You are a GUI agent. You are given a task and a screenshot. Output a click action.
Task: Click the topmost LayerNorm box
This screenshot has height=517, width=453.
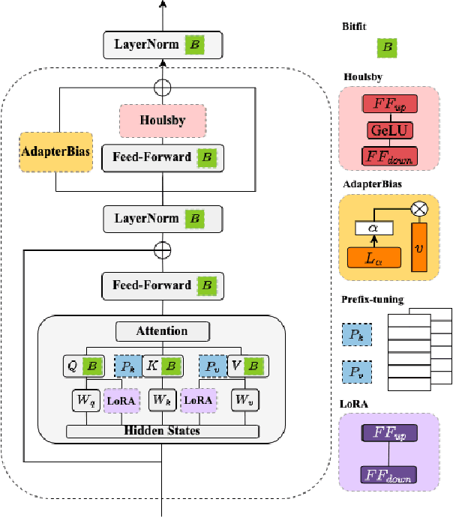[x=163, y=45]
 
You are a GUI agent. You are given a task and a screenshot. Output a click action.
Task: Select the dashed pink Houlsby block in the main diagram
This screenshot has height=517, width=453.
[x=163, y=120]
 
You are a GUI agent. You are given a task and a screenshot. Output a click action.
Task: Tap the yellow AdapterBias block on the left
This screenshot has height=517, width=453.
[x=55, y=152]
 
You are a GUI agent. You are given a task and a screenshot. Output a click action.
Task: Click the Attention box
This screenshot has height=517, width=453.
[x=162, y=330]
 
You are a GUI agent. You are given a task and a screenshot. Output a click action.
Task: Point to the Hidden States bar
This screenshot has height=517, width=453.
[x=162, y=432]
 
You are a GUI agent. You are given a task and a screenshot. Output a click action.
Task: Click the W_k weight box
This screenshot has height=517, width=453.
[x=162, y=401]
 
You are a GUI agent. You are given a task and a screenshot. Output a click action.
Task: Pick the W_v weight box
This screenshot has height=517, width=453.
[x=244, y=401]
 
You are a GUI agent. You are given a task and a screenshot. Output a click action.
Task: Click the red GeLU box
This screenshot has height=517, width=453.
[x=389, y=130]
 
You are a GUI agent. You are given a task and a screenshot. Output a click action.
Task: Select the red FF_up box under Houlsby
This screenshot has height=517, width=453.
[x=389, y=103]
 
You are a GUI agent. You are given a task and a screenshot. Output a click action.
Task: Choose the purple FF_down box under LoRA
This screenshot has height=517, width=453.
[x=389, y=474]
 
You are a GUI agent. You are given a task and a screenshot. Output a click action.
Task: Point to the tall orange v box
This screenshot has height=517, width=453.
[x=418, y=248]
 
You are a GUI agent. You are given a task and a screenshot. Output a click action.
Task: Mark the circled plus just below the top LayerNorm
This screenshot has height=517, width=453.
[x=162, y=86]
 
